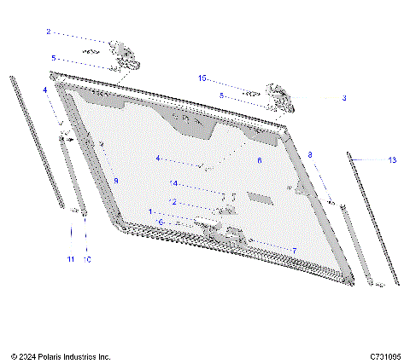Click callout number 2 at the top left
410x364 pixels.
pyautogui.click(x=48, y=32)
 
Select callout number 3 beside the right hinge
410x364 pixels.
pyautogui.click(x=344, y=99)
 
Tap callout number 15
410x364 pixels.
pyautogui.click(x=202, y=78)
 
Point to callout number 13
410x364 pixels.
pyautogui.click(x=392, y=159)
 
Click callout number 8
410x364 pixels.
pyautogui.click(x=310, y=155)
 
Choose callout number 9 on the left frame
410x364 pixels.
pyautogui.click(x=115, y=182)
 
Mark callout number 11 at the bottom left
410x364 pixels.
pyautogui.click(x=71, y=258)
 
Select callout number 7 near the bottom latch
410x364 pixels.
pyautogui.click(x=294, y=251)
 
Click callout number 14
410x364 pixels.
pyautogui.click(x=174, y=183)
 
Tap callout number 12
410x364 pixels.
pyautogui.click(x=174, y=202)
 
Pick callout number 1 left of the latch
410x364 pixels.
pyautogui.click(x=152, y=211)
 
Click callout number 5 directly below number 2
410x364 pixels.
pyautogui.click(x=53, y=58)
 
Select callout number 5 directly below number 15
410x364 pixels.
pyautogui.click(x=221, y=95)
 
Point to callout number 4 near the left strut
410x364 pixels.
pyautogui.click(x=44, y=90)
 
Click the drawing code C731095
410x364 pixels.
pyautogui.click(x=386, y=355)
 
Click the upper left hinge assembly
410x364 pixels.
pyautogui.click(x=126, y=55)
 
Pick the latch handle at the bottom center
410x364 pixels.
pyautogui.click(x=208, y=223)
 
